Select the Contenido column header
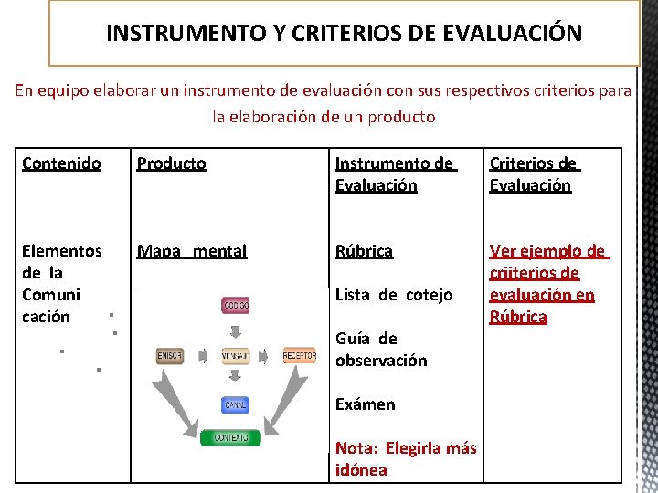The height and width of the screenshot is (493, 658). [61, 163]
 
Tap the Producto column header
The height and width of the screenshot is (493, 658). [171, 163]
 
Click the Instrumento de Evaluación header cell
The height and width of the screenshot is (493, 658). [394, 174]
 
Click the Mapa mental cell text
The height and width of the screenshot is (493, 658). [192, 250]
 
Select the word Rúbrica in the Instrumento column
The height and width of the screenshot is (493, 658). [364, 250]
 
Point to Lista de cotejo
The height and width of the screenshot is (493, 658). [394, 294]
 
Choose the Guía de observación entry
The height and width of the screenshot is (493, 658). [381, 349]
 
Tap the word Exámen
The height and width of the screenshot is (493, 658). [366, 404]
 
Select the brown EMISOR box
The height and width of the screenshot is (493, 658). [170, 354]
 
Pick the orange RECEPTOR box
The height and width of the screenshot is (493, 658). [299, 354]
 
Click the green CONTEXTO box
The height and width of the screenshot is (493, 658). [231, 437]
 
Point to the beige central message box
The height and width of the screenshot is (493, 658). [235, 354]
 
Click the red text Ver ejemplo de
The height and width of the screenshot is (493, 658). [547, 251]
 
